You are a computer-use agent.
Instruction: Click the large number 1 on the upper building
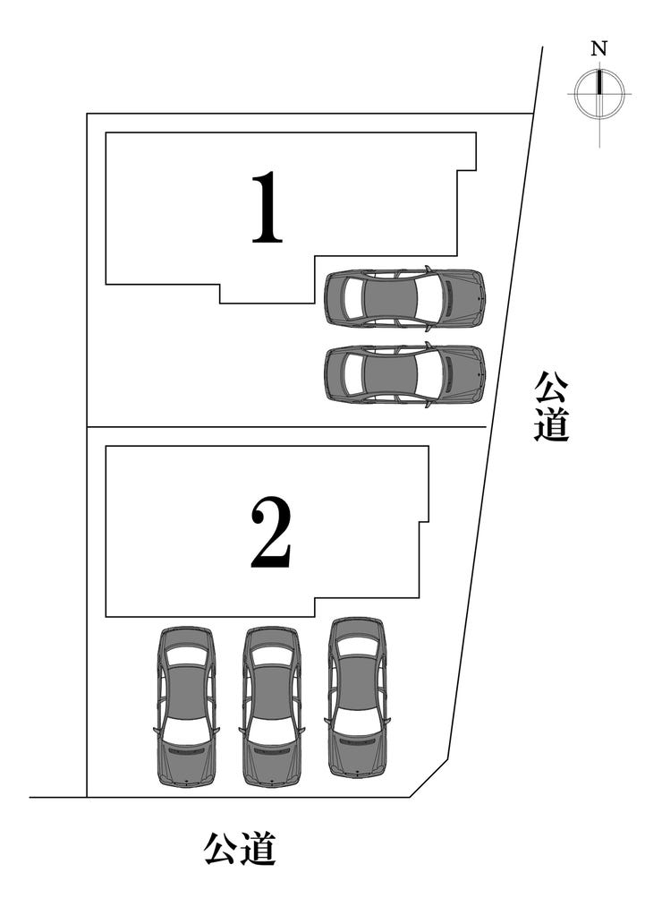[x=267, y=209]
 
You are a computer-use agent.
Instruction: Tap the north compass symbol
[x=599, y=93]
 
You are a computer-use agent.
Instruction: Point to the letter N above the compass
[x=599, y=50]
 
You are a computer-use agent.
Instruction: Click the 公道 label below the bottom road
[x=240, y=848]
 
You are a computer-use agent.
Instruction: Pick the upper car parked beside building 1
[x=404, y=297]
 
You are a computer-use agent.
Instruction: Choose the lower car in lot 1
[x=404, y=373]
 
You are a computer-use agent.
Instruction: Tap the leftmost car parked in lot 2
[x=187, y=706]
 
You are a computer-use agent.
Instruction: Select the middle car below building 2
[x=271, y=706]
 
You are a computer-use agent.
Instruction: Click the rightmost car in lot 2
[x=356, y=696]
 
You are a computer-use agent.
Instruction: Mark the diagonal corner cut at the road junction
[x=429, y=777]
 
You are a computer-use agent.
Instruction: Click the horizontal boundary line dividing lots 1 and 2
[x=286, y=427]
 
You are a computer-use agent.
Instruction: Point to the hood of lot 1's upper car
[x=463, y=297]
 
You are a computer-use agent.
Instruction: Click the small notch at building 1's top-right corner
[x=466, y=168]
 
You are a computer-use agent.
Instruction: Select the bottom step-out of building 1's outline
[x=267, y=293]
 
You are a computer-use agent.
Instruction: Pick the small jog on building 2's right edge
[x=423, y=522]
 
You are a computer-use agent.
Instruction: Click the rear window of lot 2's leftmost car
[x=187, y=656]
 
